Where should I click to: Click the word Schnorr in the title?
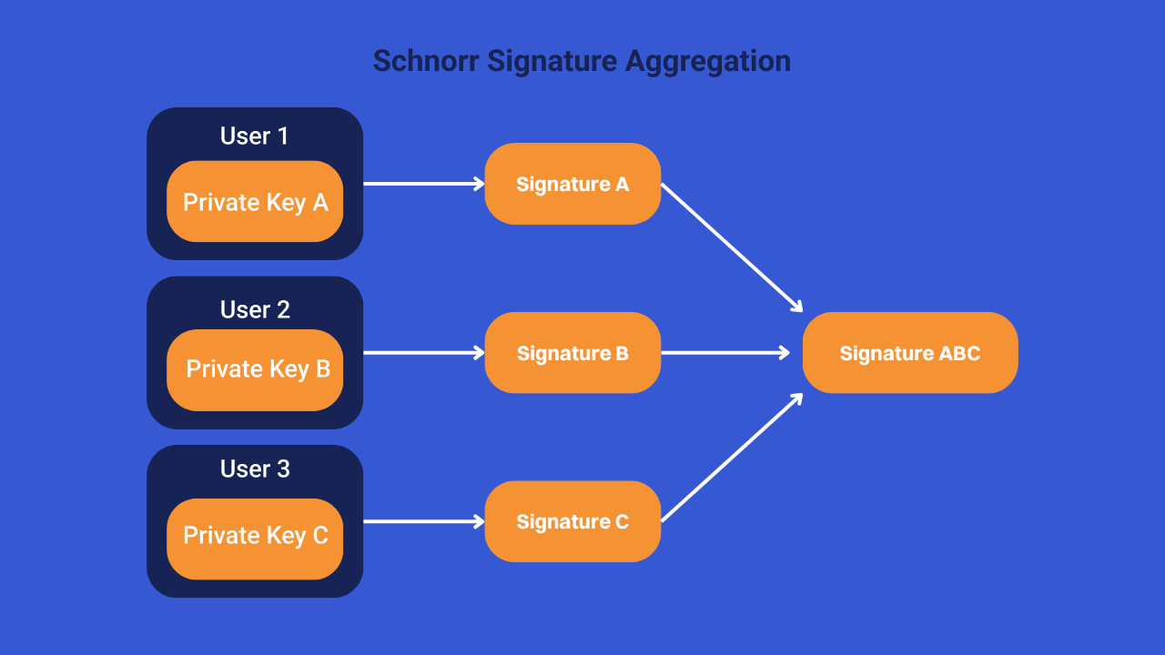[426, 61]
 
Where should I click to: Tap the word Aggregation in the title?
[707, 61]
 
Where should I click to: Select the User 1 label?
[255, 136]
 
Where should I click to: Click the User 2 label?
[255, 309]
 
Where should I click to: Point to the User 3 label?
[255, 469]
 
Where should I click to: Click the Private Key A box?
[255, 202]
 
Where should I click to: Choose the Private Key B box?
[255, 369]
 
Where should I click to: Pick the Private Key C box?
[255, 537]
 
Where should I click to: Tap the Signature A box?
[572, 184]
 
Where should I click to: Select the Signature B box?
[572, 353]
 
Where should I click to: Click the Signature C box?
[572, 521]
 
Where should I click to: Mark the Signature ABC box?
[910, 353]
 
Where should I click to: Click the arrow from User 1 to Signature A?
[423, 184]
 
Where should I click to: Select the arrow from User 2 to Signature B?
[423, 353]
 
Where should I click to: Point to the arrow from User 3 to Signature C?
[423, 521]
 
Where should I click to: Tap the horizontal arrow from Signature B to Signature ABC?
[725, 353]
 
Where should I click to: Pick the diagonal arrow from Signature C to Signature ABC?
[731, 458]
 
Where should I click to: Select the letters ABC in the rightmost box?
[959, 353]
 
